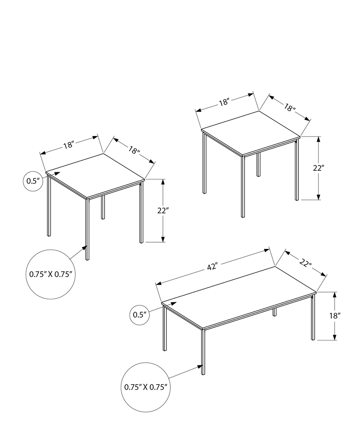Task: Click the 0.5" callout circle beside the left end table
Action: pos(32,181)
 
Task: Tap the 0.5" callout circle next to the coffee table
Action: pos(140,315)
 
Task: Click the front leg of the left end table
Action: pos(87,229)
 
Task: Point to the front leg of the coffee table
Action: pos(203,352)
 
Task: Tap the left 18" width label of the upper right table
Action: pos(225,102)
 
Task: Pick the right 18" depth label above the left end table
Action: pos(134,150)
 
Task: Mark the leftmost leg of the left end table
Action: pos(49,206)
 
